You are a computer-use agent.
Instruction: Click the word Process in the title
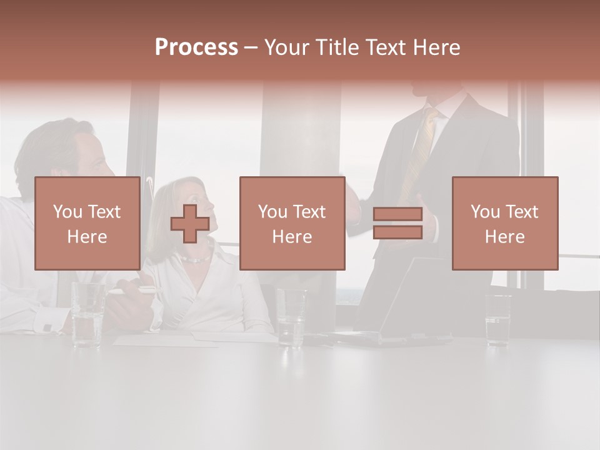(x=196, y=47)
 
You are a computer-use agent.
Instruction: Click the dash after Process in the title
(x=251, y=48)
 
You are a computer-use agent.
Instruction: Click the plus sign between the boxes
(x=190, y=224)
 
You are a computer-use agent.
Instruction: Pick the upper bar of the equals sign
(x=397, y=214)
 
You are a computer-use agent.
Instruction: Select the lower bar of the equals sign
(x=397, y=232)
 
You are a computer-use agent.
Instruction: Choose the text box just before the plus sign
(x=87, y=223)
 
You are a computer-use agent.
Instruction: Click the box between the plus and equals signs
(x=292, y=223)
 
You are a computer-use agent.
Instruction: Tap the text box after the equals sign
(x=504, y=223)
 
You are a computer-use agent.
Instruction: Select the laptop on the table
(x=400, y=306)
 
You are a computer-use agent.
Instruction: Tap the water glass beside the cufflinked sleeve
(x=87, y=314)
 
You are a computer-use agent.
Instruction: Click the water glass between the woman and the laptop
(x=291, y=316)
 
